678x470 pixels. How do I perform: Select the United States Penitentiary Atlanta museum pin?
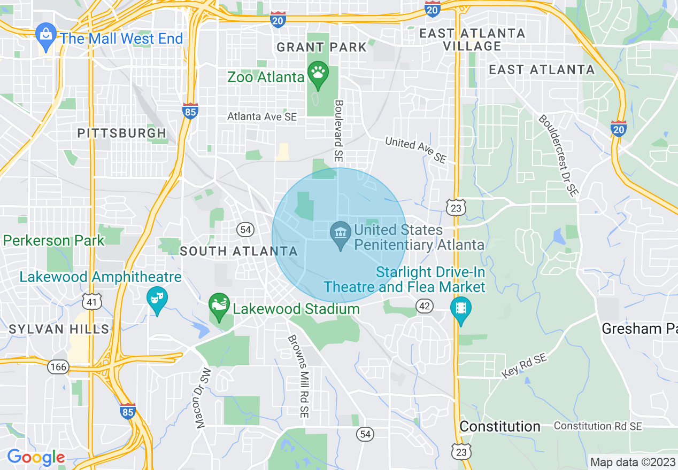click(340, 235)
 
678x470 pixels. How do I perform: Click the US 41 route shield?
click(91, 302)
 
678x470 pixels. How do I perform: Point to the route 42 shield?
click(424, 305)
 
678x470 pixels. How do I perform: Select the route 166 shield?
click(57, 366)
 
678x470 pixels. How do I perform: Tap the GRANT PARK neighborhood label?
click(321, 47)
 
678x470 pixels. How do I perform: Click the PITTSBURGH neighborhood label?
click(122, 133)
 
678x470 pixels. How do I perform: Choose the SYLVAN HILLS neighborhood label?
click(59, 329)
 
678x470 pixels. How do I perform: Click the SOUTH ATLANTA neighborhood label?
click(238, 251)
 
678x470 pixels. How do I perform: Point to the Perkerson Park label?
click(53, 240)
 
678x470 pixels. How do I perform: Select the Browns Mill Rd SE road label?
click(299, 376)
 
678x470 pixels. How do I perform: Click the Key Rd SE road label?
click(525, 366)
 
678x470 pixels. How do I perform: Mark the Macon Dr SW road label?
click(204, 398)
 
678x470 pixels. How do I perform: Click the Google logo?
click(36, 458)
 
